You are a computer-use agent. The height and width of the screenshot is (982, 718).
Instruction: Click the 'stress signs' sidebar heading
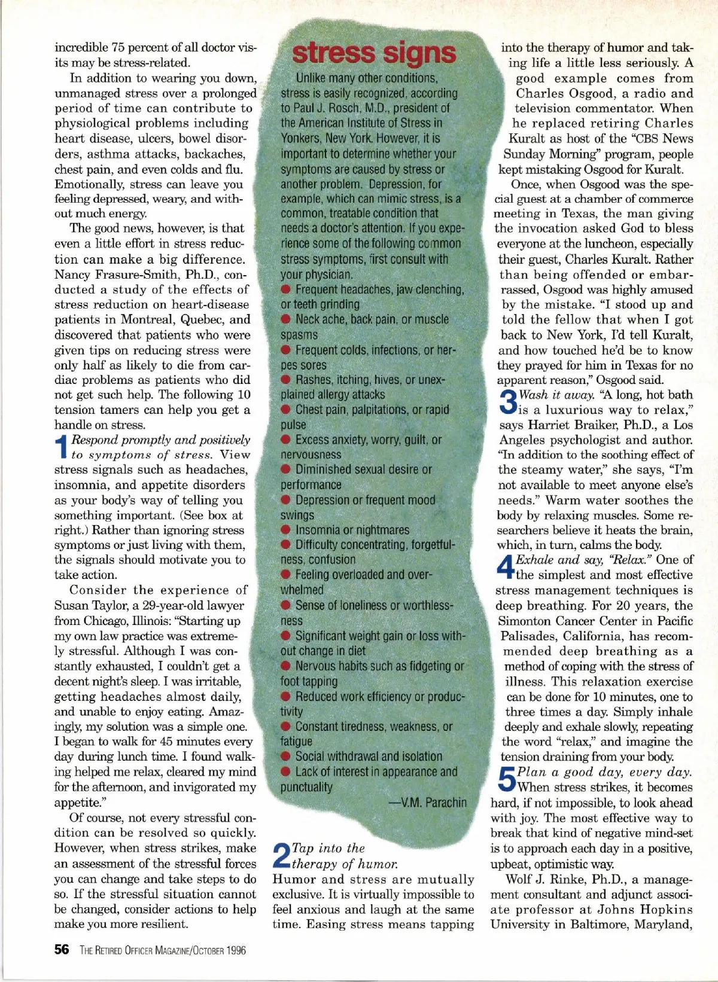[x=374, y=53]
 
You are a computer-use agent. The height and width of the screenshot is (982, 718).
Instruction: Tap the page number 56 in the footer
[x=62, y=950]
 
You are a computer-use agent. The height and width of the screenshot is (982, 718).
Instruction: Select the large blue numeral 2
[x=281, y=856]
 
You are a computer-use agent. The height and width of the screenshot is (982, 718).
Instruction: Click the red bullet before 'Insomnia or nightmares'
[x=286, y=530]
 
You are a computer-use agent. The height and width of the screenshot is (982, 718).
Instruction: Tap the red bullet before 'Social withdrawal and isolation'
[x=286, y=757]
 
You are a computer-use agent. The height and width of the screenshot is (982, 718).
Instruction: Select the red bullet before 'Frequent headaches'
[x=286, y=289]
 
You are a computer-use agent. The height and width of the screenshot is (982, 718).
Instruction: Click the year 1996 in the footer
[x=236, y=950]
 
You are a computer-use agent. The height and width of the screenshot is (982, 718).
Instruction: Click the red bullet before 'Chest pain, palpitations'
[x=286, y=410]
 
